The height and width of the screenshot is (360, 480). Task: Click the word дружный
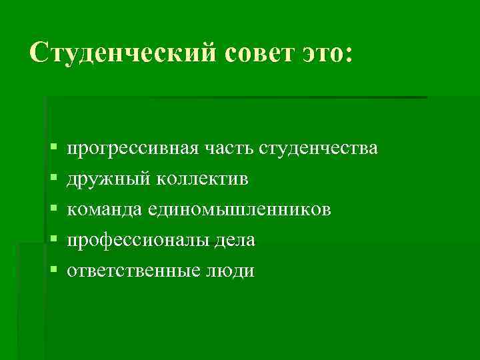[x=109, y=178]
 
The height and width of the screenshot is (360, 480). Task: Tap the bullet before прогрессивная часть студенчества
[x=53, y=147]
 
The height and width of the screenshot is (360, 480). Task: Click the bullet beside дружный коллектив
[x=53, y=178]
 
